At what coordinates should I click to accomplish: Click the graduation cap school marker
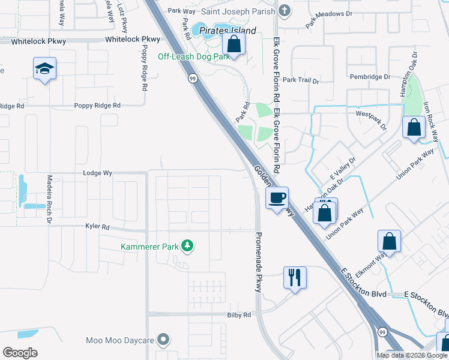pos(45,70)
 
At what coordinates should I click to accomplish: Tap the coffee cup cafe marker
pos(277,198)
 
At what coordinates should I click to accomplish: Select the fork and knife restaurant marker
pos(295,277)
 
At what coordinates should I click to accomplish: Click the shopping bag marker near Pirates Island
pos(234,44)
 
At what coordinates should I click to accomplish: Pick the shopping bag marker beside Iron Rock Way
pos(414,128)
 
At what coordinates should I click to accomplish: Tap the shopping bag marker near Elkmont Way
pos(389,242)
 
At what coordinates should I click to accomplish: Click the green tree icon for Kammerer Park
pos(188,246)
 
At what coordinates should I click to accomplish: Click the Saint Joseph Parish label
pos(238,11)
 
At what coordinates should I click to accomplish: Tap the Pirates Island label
pos(228,31)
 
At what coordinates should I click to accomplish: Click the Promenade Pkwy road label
pos(259,262)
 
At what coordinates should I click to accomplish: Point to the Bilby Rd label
pos(239,315)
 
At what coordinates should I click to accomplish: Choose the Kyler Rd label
pos(97,227)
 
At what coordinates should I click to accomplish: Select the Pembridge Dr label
pos(370,77)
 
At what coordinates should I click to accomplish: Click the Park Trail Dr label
pos(301,80)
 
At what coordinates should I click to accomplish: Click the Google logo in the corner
pos(20,352)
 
